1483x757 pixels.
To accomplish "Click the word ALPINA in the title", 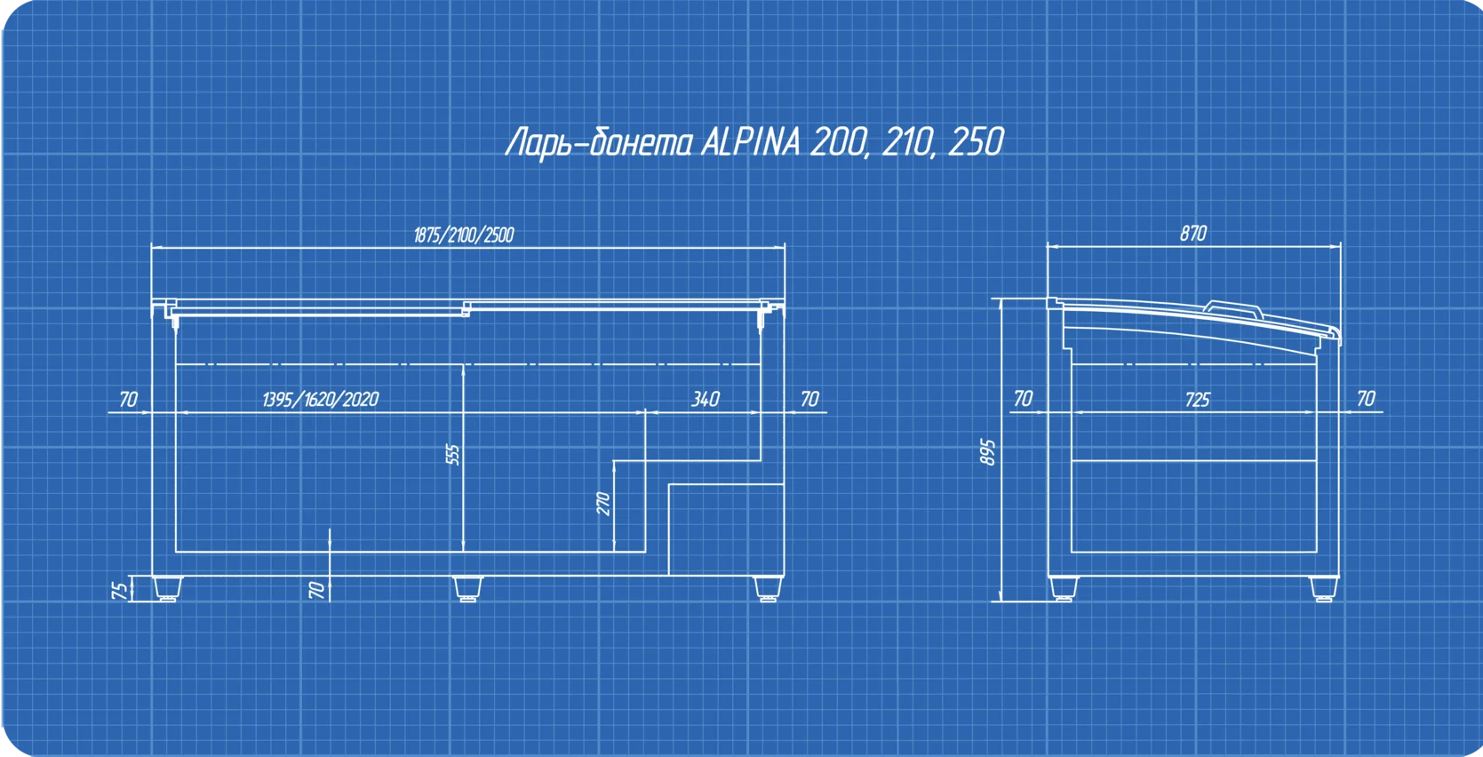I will pyautogui.click(x=751, y=142).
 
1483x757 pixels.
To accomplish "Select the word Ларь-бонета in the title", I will pyautogui.click(x=598, y=142).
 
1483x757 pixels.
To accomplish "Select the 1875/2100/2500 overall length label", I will pyautogui.click(x=464, y=235).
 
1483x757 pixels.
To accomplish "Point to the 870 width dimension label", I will pyautogui.click(x=1193, y=234).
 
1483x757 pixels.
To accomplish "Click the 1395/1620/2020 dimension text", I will pyautogui.click(x=320, y=400).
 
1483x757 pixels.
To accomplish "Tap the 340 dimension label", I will pyautogui.click(x=705, y=400).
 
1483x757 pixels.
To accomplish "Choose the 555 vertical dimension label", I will pyautogui.click(x=452, y=455).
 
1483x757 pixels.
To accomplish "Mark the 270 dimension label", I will pyautogui.click(x=603, y=504).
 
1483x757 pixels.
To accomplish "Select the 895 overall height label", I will pyautogui.click(x=989, y=451).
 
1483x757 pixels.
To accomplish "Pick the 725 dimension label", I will pyautogui.click(x=1197, y=400).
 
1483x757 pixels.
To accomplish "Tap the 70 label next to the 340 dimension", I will pyautogui.click(x=809, y=400).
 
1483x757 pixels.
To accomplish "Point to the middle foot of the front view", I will pyautogui.click(x=465, y=588).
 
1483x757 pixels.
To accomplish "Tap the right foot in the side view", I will pyautogui.click(x=1324, y=588).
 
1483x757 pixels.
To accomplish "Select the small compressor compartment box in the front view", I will pyautogui.click(x=725, y=529).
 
